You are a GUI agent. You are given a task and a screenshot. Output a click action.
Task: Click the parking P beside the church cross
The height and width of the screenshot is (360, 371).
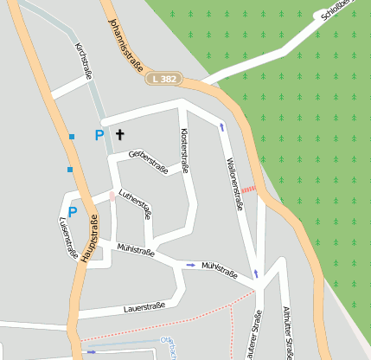click(x=99, y=135)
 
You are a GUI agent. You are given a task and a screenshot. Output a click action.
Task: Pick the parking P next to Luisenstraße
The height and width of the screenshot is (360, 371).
click(x=73, y=211)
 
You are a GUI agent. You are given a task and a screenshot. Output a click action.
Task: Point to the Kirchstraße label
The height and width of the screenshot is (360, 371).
click(x=84, y=61)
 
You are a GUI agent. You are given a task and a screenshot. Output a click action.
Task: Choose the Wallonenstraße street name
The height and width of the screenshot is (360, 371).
click(x=233, y=178)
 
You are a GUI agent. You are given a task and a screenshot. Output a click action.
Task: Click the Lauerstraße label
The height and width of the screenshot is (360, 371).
click(x=144, y=306)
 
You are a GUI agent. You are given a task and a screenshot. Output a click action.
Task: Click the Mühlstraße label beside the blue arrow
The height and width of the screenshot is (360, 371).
click(x=220, y=268)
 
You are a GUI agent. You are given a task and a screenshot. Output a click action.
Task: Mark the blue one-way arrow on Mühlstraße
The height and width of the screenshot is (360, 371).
click(x=190, y=265)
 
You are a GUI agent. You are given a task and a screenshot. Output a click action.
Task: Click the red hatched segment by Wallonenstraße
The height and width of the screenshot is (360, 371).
click(x=249, y=188)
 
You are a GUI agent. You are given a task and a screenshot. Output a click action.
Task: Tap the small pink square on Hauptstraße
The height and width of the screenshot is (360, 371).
click(x=112, y=197)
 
